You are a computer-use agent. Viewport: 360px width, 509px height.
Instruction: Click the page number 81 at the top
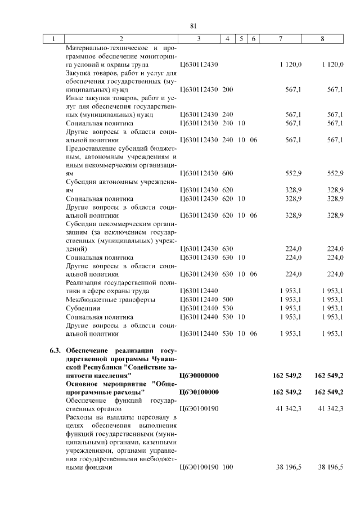[x=193, y=26]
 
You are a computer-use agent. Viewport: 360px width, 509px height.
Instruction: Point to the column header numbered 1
[x=54, y=39]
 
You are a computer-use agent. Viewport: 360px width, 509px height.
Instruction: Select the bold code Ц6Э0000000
[x=199, y=375]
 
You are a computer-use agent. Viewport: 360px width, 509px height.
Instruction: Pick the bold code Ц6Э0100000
[x=199, y=391]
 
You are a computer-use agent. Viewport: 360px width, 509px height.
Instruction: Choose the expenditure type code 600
[x=228, y=174]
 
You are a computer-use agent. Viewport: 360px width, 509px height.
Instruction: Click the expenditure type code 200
[x=228, y=89]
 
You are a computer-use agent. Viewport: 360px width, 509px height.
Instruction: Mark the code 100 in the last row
[x=228, y=467]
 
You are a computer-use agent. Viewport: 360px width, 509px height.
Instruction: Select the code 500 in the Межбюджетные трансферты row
[x=228, y=300]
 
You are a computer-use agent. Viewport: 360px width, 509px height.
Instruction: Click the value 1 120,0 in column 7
[x=290, y=65]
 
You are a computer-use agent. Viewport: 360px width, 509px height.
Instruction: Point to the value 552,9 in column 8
[x=335, y=174]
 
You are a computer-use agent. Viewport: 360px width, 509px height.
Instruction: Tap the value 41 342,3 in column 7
[x=287, y=408]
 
